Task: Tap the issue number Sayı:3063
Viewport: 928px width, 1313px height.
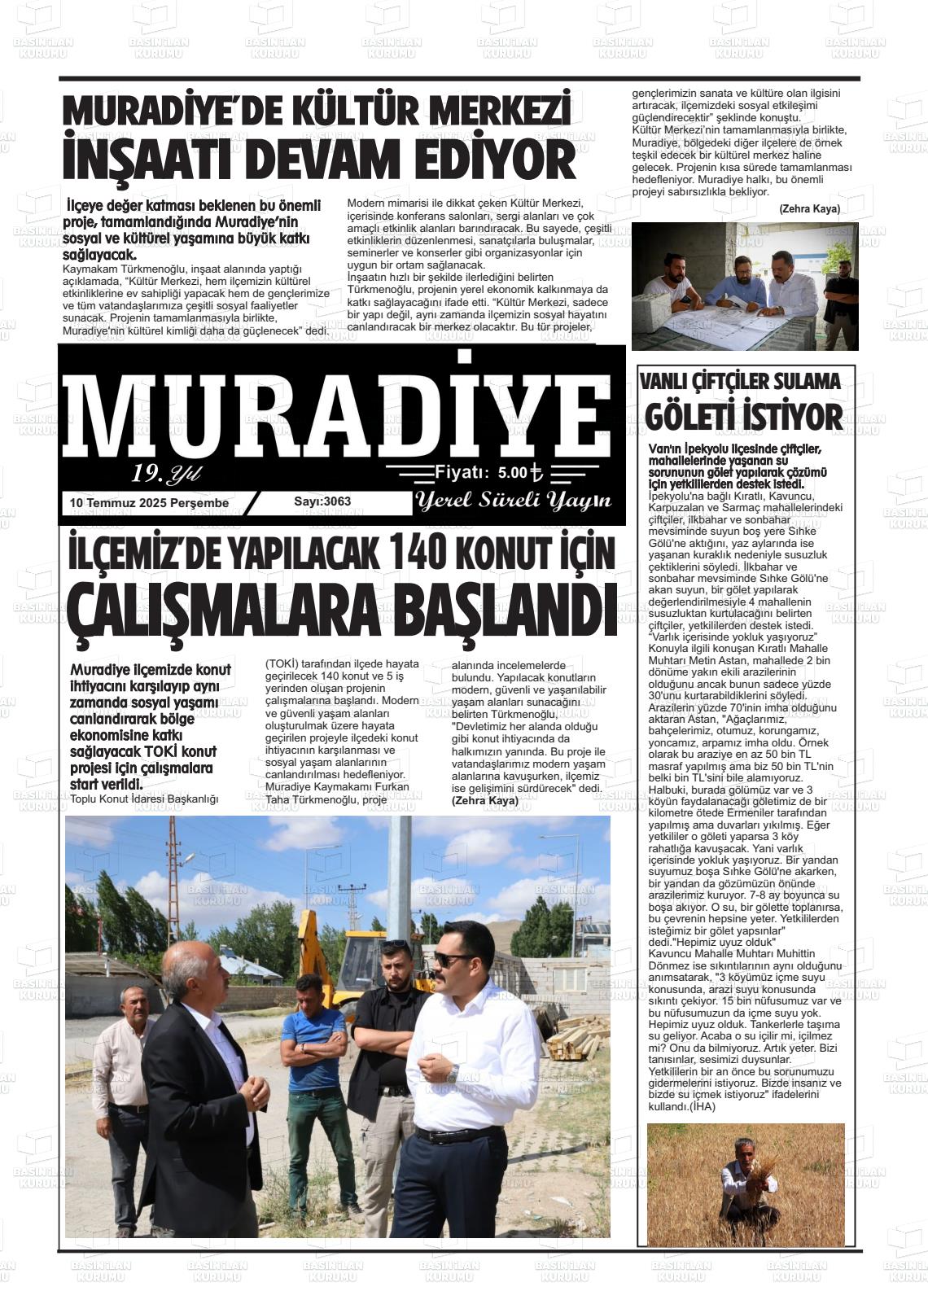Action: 322,501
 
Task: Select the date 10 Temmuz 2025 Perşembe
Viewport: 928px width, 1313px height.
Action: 150,503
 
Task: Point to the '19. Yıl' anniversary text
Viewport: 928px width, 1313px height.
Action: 166,473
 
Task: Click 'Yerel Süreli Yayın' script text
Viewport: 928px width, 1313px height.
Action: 513,501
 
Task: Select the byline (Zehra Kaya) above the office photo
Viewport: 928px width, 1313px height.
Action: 809,209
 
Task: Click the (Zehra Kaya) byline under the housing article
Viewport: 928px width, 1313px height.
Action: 485,801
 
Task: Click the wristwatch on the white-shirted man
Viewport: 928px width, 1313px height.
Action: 453,1074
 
